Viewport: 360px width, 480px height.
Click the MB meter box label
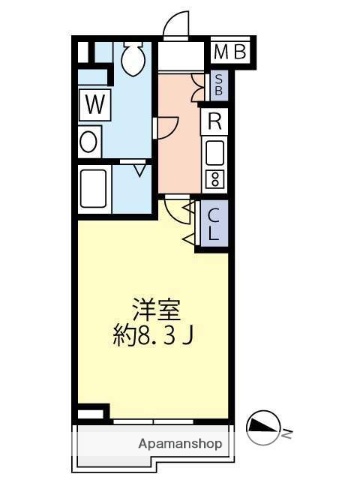232,51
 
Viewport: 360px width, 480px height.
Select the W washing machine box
95,103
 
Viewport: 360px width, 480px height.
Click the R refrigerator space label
215,122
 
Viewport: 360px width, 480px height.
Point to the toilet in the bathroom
131,61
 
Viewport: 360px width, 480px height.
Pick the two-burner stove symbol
215,179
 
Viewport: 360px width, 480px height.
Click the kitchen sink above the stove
215,153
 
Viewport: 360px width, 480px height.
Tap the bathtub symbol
94,187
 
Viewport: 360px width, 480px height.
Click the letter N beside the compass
286,433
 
